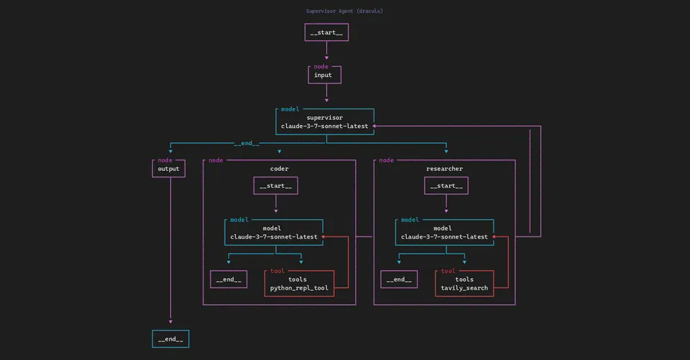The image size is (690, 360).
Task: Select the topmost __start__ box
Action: pyautogui.click(x=326, y=32)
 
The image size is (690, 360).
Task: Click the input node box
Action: pyautogui.click(x=323, y=75)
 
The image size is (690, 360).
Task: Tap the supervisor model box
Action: pyautogui.click(x=324, y=121)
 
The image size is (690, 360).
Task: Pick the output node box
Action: pyautogui.click(x=168, y=169)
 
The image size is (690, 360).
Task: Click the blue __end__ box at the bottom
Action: pyautogui.click(x=170, y=338)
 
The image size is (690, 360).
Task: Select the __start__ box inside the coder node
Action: pyautogui.click(x=275, y=185)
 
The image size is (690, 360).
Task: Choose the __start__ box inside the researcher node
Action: pyautogui.click(x=446, y=185)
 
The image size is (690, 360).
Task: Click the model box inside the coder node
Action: pyautogui.click(x=273, y=232)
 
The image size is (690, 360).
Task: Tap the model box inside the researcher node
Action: pyautogui.click(x=444, y=232)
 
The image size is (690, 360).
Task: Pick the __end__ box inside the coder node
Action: pyautogui.click(x=229, y=280)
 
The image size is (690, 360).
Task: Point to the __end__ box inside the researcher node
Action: pyautogui.click(x=400, y=280)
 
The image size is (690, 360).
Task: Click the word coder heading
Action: pyautogui.click(x=280, y=169)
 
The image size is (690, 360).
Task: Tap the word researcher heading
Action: pyautogui.click(x=444, y=169)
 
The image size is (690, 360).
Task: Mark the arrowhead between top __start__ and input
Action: pyautogui.click(x=326, y=54)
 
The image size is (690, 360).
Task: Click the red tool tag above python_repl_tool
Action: pyautogui.click(x=277, y=271)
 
